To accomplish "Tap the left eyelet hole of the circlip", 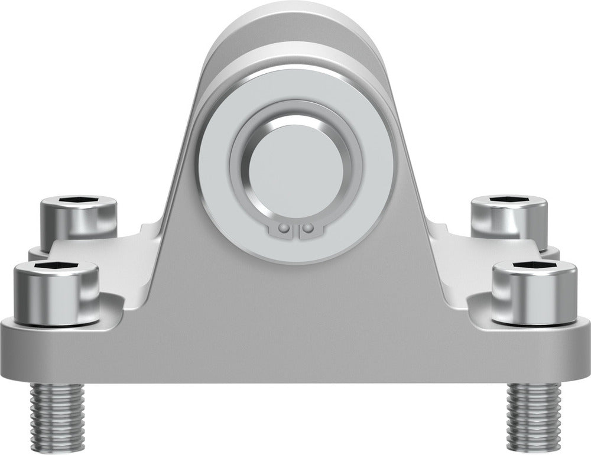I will [284, 227].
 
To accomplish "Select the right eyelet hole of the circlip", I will [307, 227].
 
